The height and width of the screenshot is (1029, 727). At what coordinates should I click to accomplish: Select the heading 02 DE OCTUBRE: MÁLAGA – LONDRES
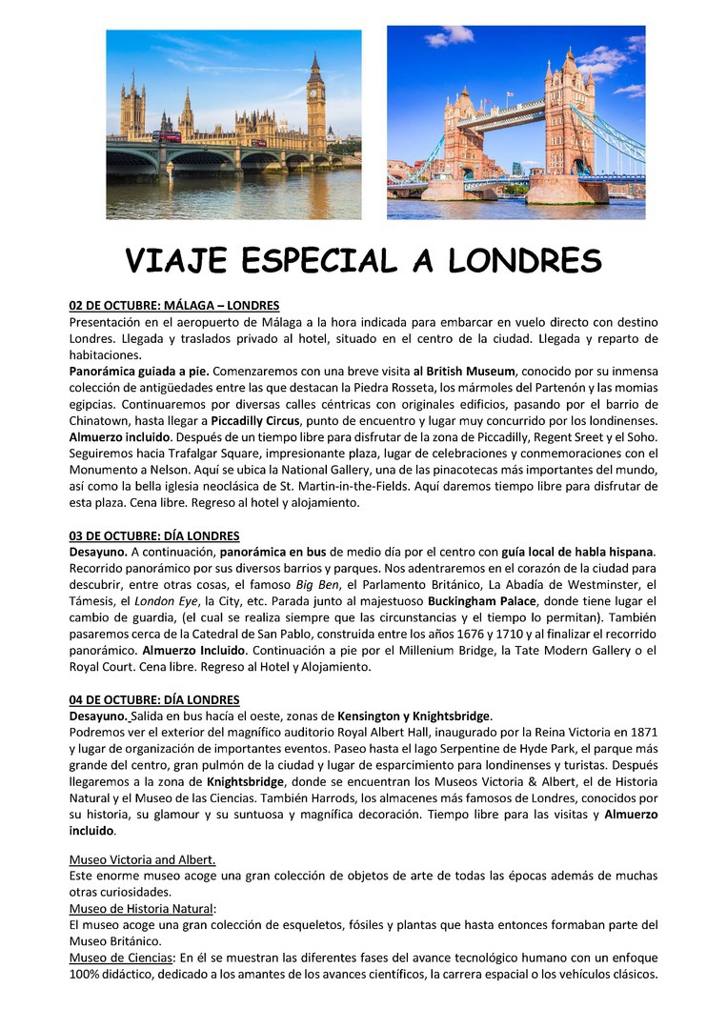pyautogui.click(x=174, y=306)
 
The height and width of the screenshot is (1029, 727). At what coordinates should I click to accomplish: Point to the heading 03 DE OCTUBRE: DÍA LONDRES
pyautogui.click(x=154, y=536)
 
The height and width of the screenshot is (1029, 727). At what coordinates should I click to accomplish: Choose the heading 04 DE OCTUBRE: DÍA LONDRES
pyautogui.click(x=154, y=700)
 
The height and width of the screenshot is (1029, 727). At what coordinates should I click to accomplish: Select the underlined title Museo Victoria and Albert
pyautogui.click(x=143, y=859)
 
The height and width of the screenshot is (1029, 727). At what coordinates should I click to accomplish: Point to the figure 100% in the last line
pyautogui.click(x=86, y=974)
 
